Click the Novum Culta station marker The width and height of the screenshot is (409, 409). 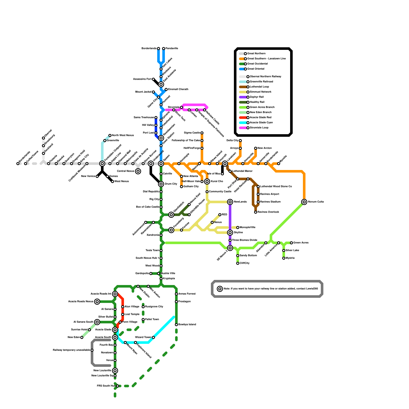tap(304, 202)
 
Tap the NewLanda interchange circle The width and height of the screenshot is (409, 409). tap(230, 202)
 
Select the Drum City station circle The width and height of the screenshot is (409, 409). tap(161, 184)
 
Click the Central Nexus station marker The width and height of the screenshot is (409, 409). tap(138, 171)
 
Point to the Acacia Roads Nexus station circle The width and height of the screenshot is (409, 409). tap(97, 302)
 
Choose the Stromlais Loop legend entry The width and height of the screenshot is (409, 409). tap(259, 128)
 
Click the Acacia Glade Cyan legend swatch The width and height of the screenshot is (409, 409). tap(243, 123)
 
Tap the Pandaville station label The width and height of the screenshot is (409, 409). tap(172, 49)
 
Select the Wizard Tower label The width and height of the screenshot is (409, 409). tap(143, 337)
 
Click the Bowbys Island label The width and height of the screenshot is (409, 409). tap(187, 325)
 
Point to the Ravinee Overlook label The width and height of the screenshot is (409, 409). tap(268, 212)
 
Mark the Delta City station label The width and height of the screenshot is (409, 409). tap(232, 141)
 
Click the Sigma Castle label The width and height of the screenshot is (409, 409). tap(192, 133)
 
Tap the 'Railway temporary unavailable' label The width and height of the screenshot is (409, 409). tap(71, 350)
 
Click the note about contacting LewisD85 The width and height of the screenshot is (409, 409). tap(271, 289)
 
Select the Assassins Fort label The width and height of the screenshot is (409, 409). tap(142, 79)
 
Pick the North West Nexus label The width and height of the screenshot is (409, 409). tap(123, 135)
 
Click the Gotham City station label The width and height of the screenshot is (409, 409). tap(191, 187)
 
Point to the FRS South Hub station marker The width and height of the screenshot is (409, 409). tap(118, 386)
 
